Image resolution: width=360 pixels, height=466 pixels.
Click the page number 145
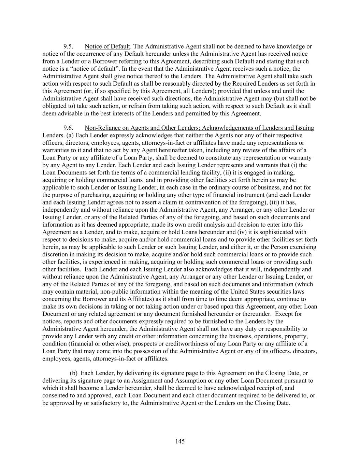[180, 441]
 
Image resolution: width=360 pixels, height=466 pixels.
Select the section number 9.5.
[69, 46]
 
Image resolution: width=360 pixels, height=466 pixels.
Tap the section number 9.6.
[69, 128]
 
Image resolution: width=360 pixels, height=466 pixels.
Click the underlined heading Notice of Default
[107, 46]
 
